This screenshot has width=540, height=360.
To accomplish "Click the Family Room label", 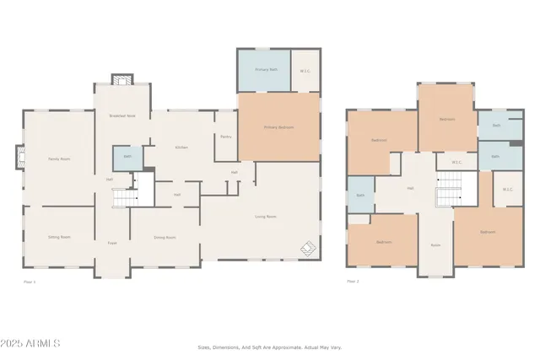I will [x=58, y=159].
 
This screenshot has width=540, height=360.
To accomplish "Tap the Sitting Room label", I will [x=58, y=237].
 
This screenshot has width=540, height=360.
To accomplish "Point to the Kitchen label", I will [x=181, y=148].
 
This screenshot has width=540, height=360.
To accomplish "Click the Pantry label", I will [x=226, y=137].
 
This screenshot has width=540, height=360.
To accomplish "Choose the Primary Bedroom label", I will [x=278, y=127].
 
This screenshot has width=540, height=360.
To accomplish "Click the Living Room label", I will [x=266, y=217].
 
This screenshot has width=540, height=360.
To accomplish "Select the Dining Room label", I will [x=165, y=238].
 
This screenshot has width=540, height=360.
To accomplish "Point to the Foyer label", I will [x=111, y=243].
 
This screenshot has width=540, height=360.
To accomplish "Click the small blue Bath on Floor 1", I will [x=127, y=157].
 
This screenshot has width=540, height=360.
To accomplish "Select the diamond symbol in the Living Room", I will [x=309, y=248].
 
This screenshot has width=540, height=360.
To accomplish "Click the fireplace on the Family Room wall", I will [x=19, y=157].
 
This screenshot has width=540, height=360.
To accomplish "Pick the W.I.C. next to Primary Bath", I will [x=305, y=71].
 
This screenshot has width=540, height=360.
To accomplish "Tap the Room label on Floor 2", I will [x=436, y=244].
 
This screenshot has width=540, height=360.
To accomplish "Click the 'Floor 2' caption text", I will [x=354, y=282].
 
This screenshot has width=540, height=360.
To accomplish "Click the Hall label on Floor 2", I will [x=410, y=188].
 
